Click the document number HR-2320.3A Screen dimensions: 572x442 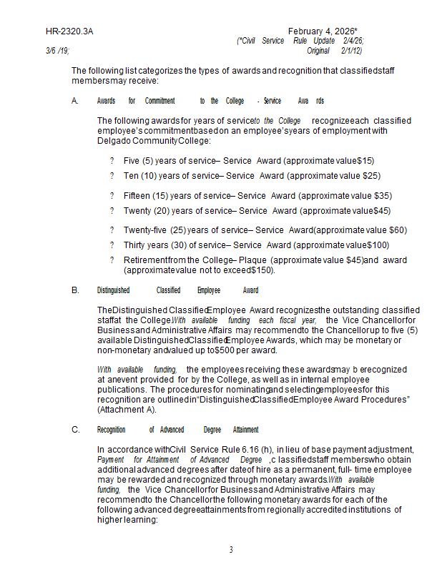69,32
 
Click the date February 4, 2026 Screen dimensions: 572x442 321,32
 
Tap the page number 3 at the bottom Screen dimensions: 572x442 231,550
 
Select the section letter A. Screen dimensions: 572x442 75,102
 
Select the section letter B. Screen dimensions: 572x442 75,290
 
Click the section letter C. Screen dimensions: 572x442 75,430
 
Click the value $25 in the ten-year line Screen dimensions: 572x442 371,175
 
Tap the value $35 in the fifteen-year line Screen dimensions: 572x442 383,195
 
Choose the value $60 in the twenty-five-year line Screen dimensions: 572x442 397,230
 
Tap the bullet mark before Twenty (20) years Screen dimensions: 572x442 112,210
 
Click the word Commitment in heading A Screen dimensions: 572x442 159,102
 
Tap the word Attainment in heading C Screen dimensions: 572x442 245,430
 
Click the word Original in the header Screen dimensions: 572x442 318,51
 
